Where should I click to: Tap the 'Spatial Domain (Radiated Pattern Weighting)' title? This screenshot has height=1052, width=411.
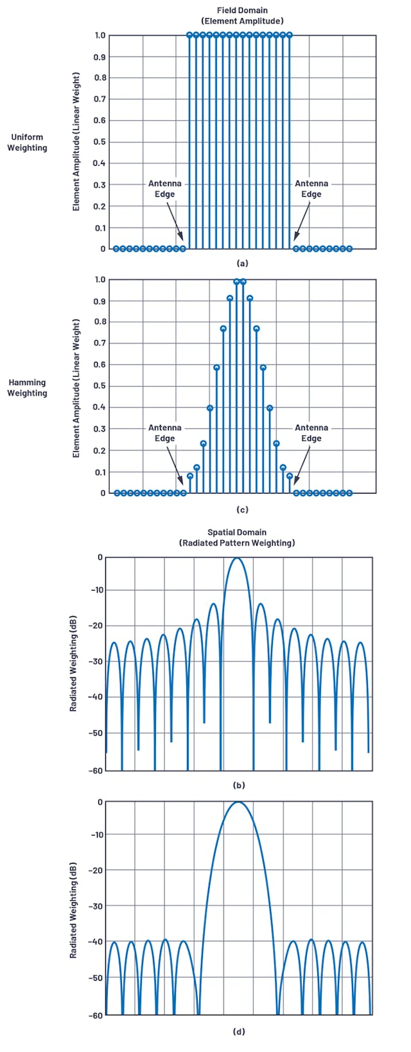pos(237,537)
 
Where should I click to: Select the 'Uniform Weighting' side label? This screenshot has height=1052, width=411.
pos(27,142)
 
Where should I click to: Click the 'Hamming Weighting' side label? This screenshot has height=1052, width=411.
pos(27,388)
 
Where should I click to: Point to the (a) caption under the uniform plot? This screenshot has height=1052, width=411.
pos(242,263)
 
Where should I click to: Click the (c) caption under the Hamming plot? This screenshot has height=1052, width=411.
pos(242,510)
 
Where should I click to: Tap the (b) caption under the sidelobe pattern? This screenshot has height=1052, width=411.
pos(238,785)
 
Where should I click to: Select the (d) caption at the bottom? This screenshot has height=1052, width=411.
pos(238,1031)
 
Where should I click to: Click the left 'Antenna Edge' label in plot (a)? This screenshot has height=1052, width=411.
pos(165,188)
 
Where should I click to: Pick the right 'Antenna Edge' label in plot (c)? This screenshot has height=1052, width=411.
pos(311,432)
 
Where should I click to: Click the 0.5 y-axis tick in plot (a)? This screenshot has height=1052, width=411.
pos(100,142)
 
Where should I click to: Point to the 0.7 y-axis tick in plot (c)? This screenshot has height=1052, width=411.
pos(100,343)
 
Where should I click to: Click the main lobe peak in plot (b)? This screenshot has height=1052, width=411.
pos(237,558)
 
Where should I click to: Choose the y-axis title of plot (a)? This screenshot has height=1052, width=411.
pos(76,142)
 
